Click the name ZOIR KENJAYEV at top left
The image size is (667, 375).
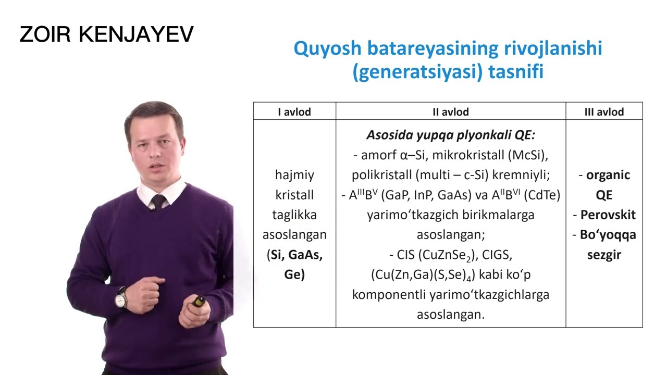pyautogui.click(x=106, y=34)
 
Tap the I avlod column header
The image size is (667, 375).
pyautogui.click(x=294, y=111)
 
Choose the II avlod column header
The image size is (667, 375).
pyautogui.click(x=451, y=111)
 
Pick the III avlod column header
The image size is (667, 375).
pyautogui.click(x=604, y=111)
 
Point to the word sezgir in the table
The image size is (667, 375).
pyautogui.click(x=604, y=255)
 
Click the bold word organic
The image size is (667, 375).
pyautogui.click(x=608, y=175)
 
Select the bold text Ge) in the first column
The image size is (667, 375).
pyautogui.click(x=294, y=275)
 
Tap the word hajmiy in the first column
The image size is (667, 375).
pyautogui.click(x=294, y=175)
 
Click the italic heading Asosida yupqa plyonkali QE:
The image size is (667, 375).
pyautogui.click(x=451, y=135)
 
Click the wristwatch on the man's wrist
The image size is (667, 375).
pyautogui.click(x=121, y=298)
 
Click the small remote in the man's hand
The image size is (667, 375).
pyautogui.click(x=199, y=301)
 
